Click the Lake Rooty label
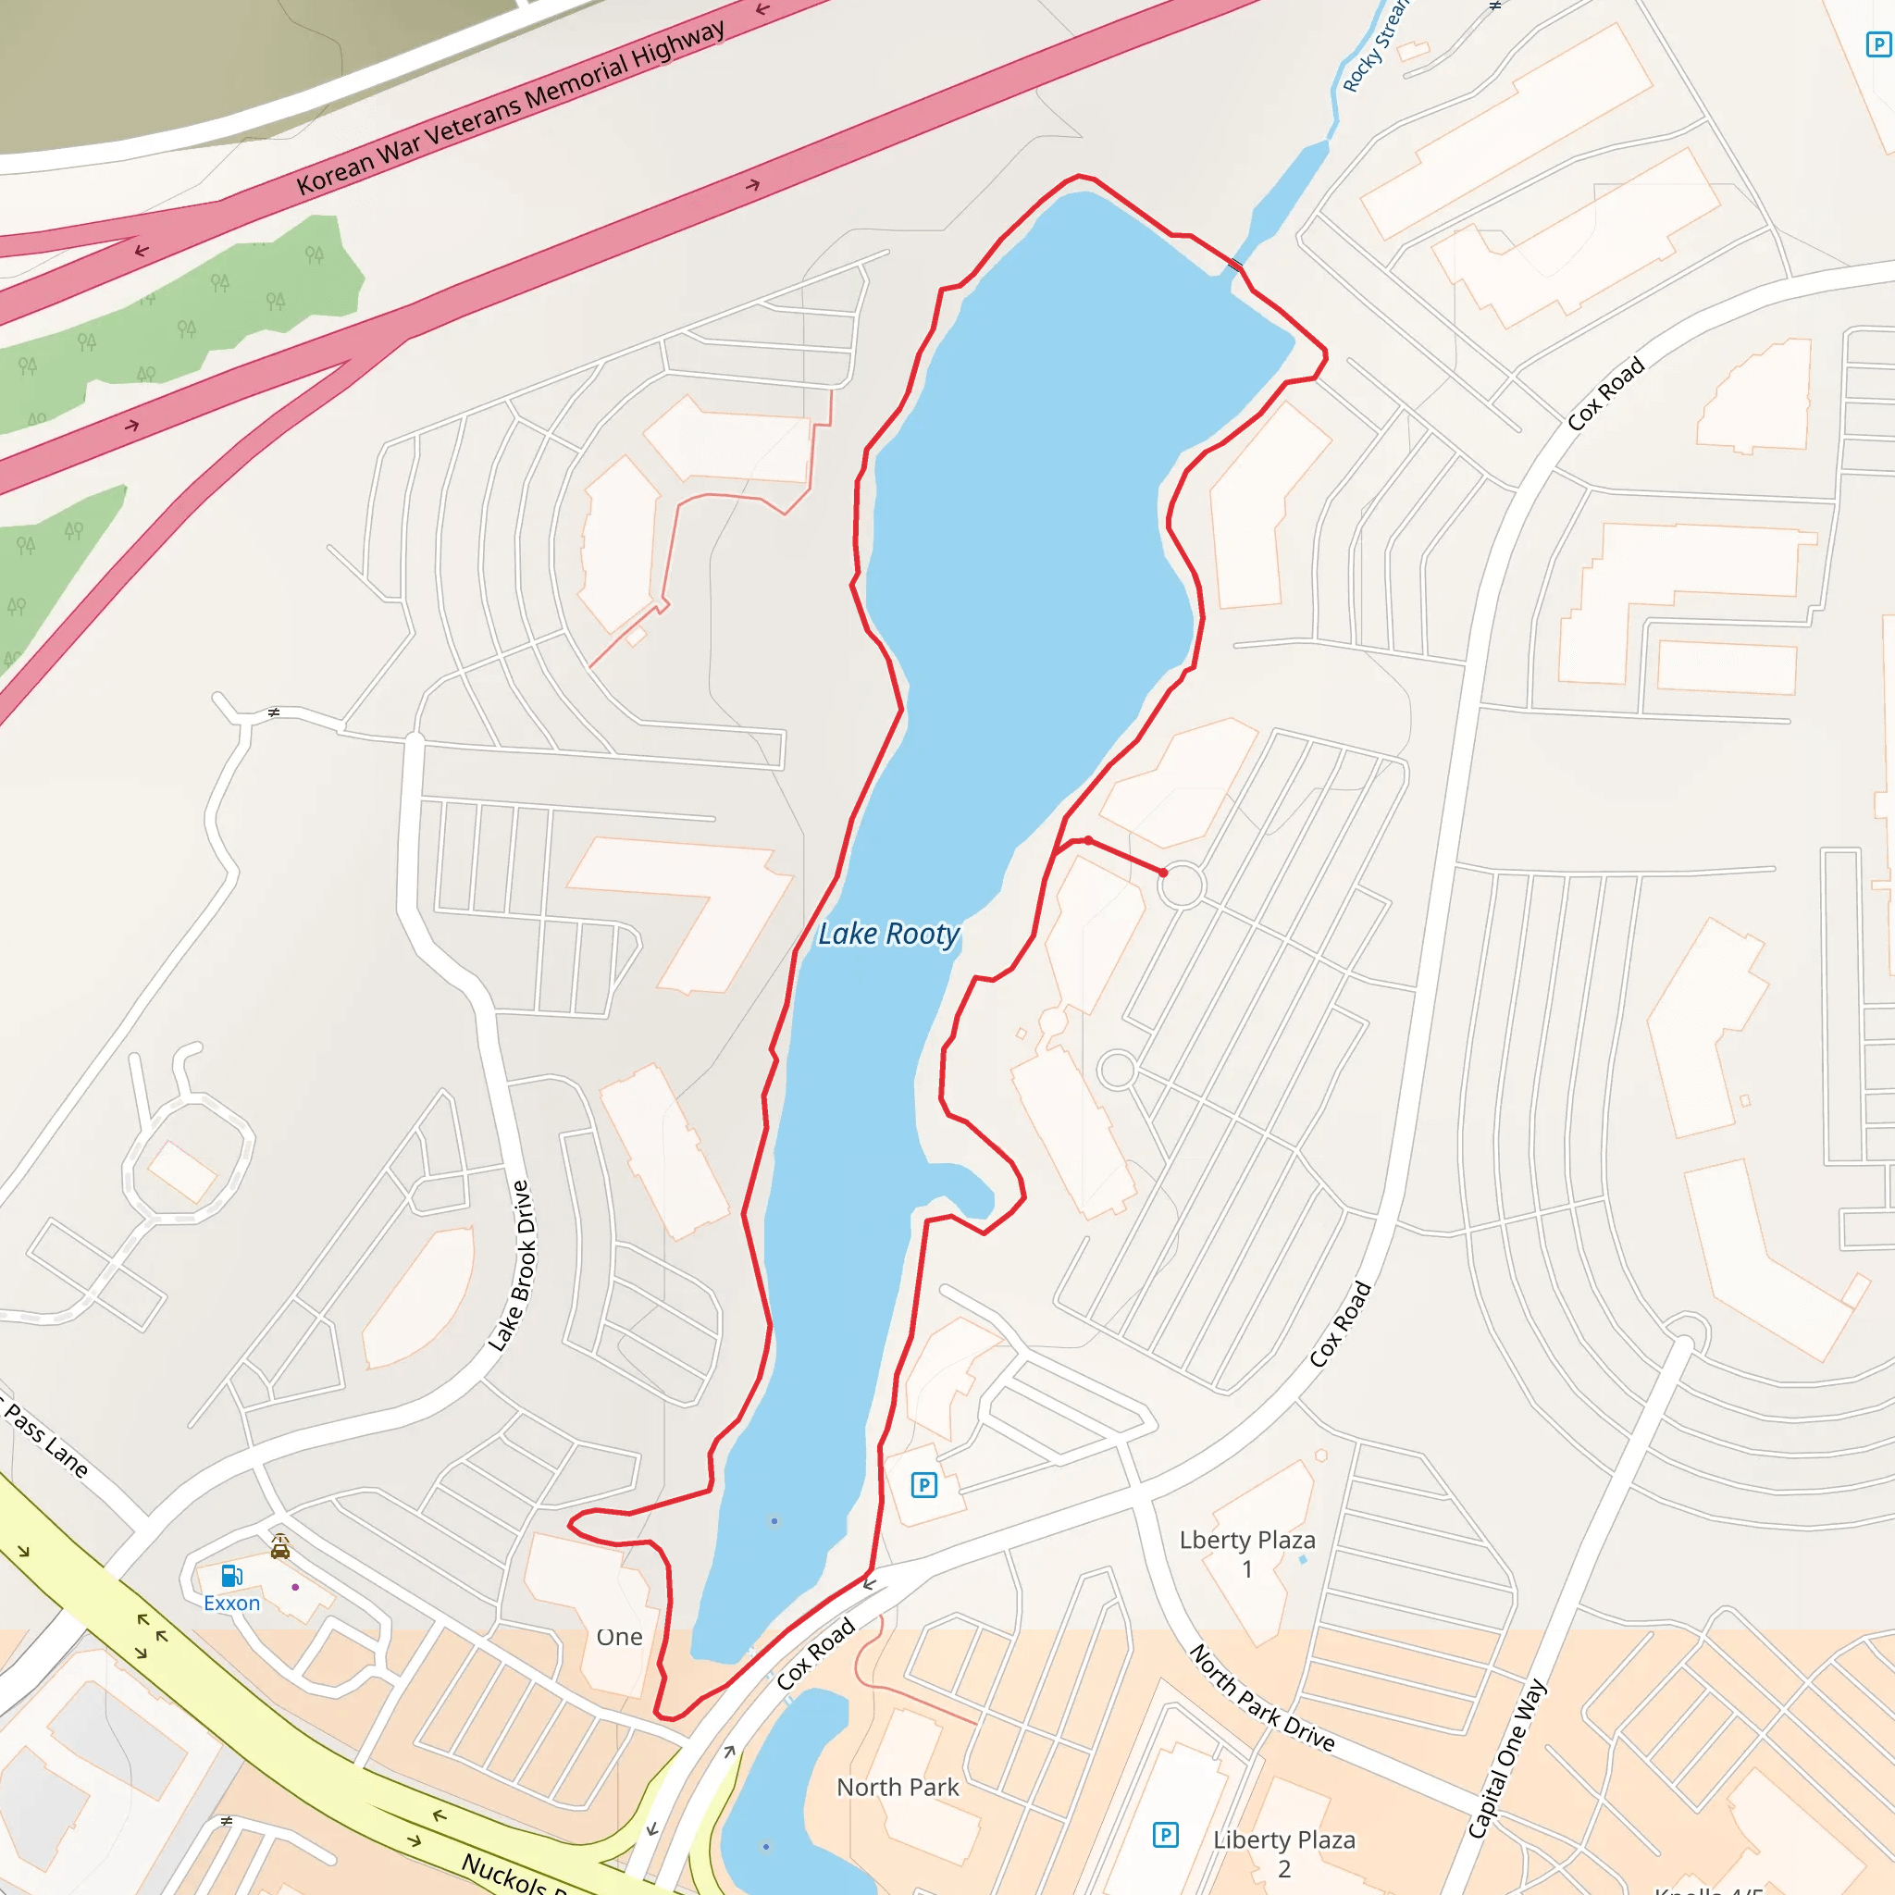tap(888, 934)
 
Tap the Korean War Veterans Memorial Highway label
tap(511, 107)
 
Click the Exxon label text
tap(231, 1603)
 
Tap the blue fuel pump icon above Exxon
tap(231, 1576)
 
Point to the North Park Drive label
tap(1262, 1698)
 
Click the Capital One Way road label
tap(1506, 1759)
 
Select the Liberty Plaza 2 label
tap(1284, 1852)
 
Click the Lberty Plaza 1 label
tap(1246, 1554)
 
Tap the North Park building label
tap(898, 1787)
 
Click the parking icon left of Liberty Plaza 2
tap(1165, 1834)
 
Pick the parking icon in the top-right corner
tap(1878, 44)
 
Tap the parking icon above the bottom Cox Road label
tap(924, 1485)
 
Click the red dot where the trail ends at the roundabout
tap(1163, 872)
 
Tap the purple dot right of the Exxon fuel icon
tap(295, 1587)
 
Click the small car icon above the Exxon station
tap(280, 1547)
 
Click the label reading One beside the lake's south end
tap(619, 1637)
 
